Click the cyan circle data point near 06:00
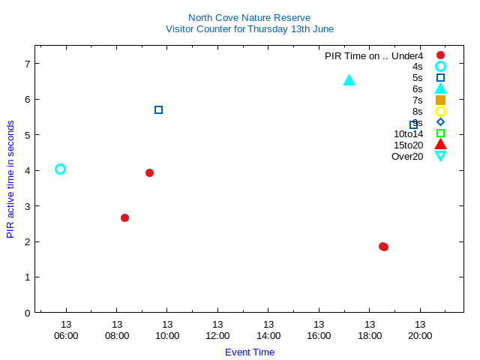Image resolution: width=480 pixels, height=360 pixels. point(60,169)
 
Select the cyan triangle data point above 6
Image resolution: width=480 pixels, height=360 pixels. point(349,80)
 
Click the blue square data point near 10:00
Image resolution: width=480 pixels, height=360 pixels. point(158,110)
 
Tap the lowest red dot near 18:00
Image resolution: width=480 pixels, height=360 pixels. point(383,247)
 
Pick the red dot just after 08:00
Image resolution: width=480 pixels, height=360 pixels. point(124,217)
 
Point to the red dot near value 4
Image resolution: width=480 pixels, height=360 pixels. point(149,172)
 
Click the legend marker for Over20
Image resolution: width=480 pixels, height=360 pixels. point(440,156)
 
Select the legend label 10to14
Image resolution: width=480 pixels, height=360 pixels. point(408,133)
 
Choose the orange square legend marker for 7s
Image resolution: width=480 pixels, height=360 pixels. point(440,100)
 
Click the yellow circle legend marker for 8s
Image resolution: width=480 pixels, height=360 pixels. point(440,111)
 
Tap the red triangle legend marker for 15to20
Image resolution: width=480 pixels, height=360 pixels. point(440,144)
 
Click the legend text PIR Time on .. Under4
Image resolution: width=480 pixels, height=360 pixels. point(373,55)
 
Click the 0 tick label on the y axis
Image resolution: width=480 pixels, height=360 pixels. point(27,313)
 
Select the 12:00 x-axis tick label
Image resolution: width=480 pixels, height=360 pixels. point(217,335)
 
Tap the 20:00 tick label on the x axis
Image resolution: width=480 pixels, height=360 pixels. point(420,335)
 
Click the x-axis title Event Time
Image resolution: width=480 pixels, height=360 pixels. point(250,352)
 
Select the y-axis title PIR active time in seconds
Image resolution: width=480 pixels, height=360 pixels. point(10,179)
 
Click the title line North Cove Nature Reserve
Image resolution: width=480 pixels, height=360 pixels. point(249,17)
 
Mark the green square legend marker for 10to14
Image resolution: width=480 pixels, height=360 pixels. point(440,133)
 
